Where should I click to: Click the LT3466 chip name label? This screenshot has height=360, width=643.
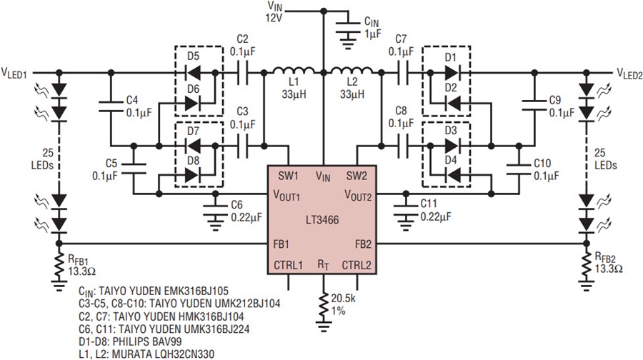click(x=322, y=220)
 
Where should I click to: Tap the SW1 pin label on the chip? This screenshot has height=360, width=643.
click(x=289, y=176)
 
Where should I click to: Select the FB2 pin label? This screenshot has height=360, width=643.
click(x=363, y=245)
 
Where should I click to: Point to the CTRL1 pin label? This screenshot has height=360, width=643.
click(x=289, y=265)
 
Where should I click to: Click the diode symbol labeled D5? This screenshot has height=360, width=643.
click(x=193, y=73)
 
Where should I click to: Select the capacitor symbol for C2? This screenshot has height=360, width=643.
click(x=243, y=73)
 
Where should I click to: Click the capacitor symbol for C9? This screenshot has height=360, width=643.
click(x=534, y=104)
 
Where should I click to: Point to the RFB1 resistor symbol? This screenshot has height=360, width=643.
click(x=59, y=267)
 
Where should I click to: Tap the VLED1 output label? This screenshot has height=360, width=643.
click(x=14, y=74)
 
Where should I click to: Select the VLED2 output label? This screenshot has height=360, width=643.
click(x=629, y=74)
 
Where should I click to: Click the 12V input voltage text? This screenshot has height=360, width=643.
click(x=273, y=18)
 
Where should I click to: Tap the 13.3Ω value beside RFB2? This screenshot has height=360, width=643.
click(x=609, y=269)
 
